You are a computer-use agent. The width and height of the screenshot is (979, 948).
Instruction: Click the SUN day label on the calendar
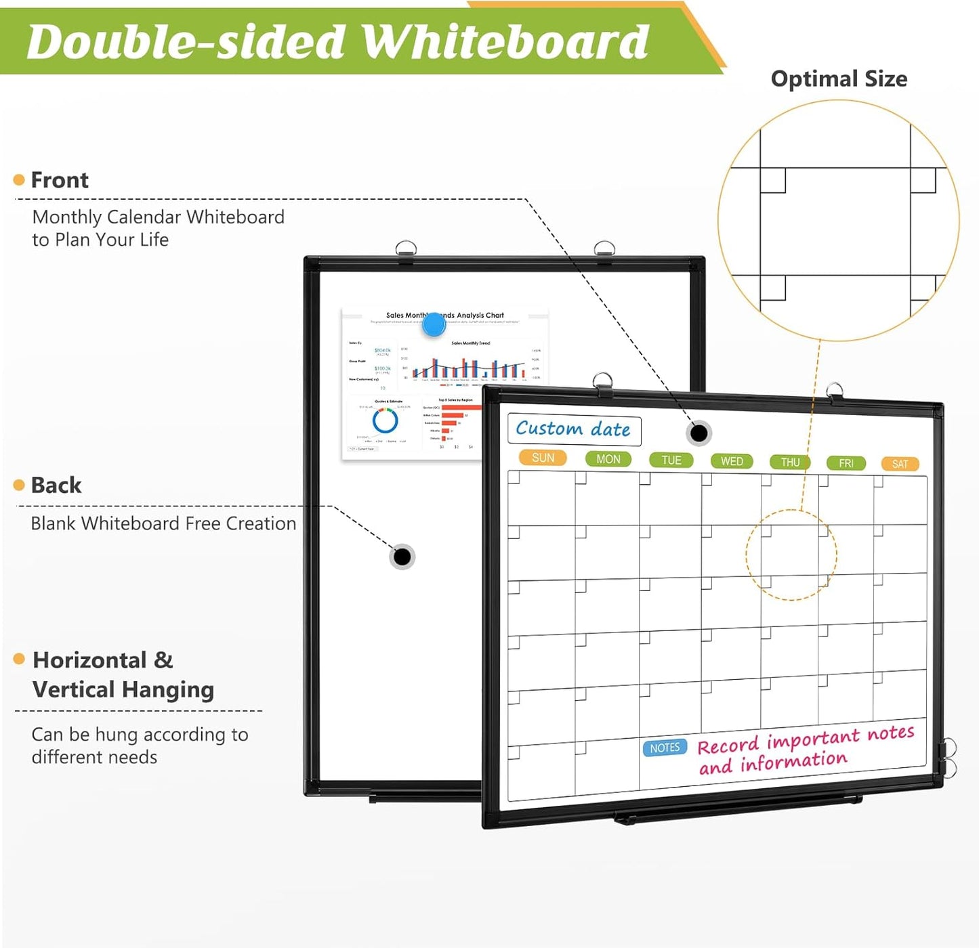coord(543,458)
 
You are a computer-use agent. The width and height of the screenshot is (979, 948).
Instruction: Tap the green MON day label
coord(608,459)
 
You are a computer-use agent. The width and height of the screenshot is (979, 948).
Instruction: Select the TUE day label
coord(671,460)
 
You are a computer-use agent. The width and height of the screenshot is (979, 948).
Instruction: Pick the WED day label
coord(732,461)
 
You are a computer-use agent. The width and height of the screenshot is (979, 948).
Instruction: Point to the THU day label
coord(790,462)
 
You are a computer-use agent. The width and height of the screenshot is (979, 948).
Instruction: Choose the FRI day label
coord(846,463)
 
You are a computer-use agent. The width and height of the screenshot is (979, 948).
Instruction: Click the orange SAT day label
coord(900,464)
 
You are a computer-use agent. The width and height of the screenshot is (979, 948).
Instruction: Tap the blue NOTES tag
coord(665,748)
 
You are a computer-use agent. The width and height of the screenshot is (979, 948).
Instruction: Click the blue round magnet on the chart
coord(434,325)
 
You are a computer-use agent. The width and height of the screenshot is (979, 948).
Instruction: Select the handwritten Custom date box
coord(574,429)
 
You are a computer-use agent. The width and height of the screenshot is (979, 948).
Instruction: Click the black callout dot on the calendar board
coord(699,433)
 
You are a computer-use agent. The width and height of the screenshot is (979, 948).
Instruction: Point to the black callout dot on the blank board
coord(402,557)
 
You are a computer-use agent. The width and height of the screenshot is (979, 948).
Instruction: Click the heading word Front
coord(60,180)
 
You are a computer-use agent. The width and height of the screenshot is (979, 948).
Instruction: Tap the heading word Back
coord(56,486)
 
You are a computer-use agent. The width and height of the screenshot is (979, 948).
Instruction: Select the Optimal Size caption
coord(839,79)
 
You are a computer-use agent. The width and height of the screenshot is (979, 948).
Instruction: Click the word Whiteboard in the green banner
coord(505,42)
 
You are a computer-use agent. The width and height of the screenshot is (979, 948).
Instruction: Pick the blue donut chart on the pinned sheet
coord(385,421)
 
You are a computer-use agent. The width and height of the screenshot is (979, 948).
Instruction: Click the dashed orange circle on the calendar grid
coord(791,555)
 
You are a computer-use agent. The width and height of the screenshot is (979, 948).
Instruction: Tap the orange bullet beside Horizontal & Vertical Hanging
coord(19,659)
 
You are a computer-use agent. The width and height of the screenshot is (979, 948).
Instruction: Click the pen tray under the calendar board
coord(738,810)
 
